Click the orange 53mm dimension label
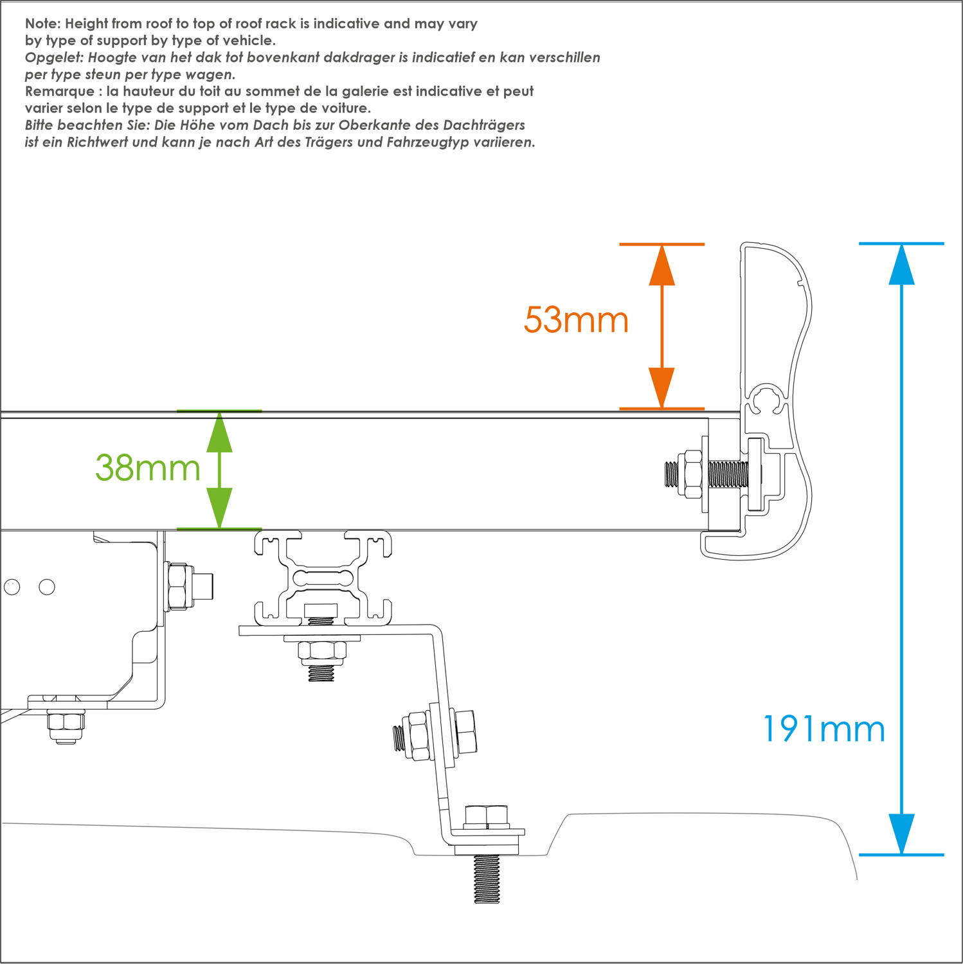click(576, 319)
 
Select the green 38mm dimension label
click(148, 468)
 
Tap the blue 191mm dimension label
click(824, 729)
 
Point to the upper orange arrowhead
click(661, 266)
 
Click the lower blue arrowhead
click(901, 834)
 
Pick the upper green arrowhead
click(219, 433)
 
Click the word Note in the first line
click(42, 24)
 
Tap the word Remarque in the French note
click(59, 91)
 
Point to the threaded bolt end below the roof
click(487, 879)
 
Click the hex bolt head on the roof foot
click(487, 816)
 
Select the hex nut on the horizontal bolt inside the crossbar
click(691, 474)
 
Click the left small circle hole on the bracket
click(12, 586)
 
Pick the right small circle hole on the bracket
click(47, 586)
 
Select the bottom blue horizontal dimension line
click(901, 855)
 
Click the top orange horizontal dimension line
click(661, 244)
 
